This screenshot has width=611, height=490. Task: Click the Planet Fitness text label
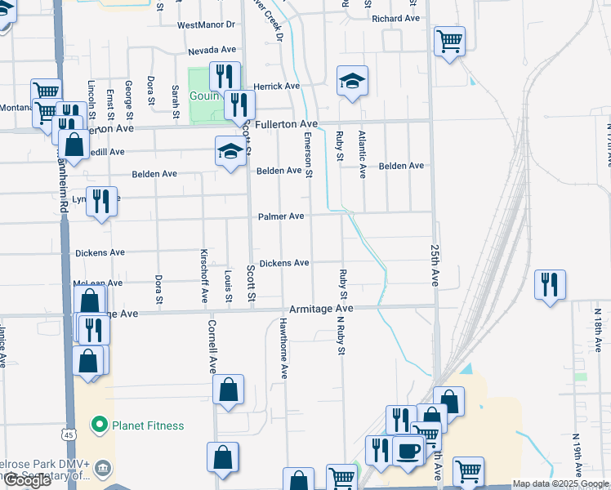[148, 425]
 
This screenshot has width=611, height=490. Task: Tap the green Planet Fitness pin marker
[100, 425]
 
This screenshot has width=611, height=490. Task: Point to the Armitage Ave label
[322, 310]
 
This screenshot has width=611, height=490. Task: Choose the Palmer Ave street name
[281, 216]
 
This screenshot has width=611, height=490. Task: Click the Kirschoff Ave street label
[205, 275]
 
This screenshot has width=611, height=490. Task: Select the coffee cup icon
[408, 448]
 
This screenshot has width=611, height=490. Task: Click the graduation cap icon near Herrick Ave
[352, 80]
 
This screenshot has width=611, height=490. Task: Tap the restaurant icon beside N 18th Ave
[550, 284]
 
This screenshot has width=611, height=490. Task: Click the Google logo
[27, 480]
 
